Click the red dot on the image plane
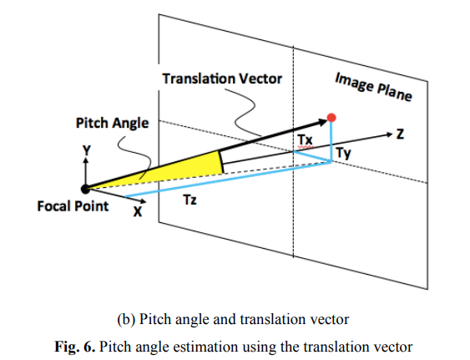pos(331,118)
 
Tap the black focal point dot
pos(85,189)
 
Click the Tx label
pos(306,140)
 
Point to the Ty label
pos(343,154)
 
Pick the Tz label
pos(190,200)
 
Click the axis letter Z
pos(400,134)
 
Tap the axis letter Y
pos(86,150)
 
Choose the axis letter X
pos(138,212)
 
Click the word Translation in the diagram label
pos(199,79)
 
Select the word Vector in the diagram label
pos(260,79)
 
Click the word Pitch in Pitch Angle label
pos(92,123)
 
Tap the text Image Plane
pos(373,86)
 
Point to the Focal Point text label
pos(73,206)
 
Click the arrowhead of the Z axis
pos(389,134)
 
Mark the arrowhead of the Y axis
pos(86,160)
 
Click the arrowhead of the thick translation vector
pos(322,122)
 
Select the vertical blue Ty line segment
pos(331,142)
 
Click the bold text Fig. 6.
pos(74,347)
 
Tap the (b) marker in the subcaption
pos(126,320)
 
